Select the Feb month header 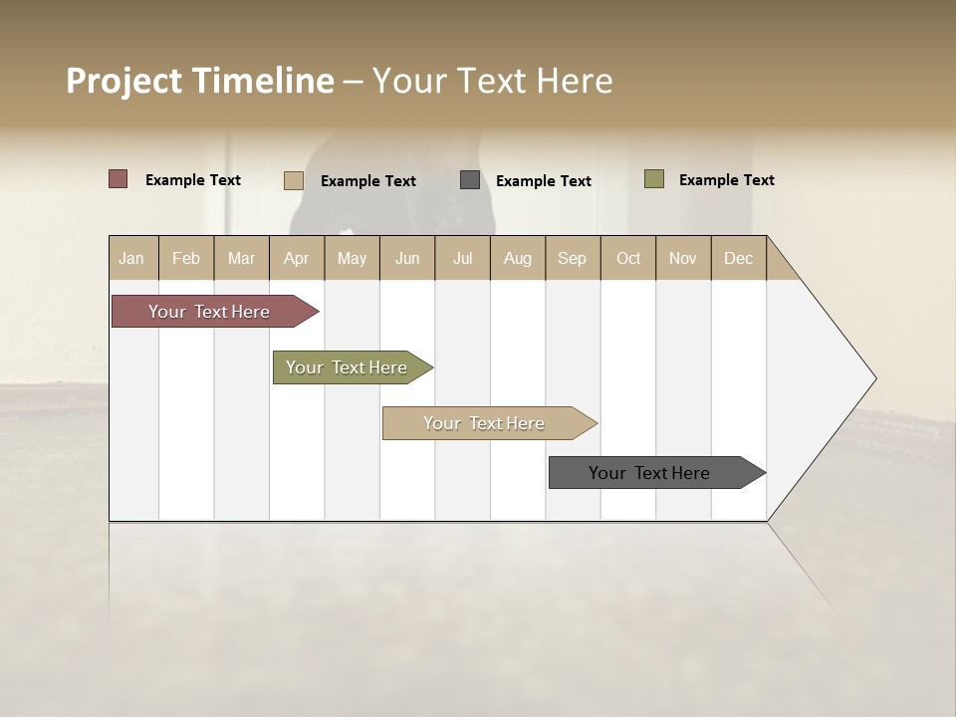coord(186,258)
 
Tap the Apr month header coord(297,258)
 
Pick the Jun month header coord(407,258)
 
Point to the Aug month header coord(518,258)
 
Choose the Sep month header coord(573,258)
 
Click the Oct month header coord(628,258)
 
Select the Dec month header coord(739,258)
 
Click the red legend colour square coord(119,179)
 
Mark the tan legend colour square coord(294,180)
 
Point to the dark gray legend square coord(470,180)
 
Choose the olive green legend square coord(654,179)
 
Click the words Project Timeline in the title coord(199,81)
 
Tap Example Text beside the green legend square coord(727,180)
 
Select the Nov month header coord(683,258)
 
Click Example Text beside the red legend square coord(193,180)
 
